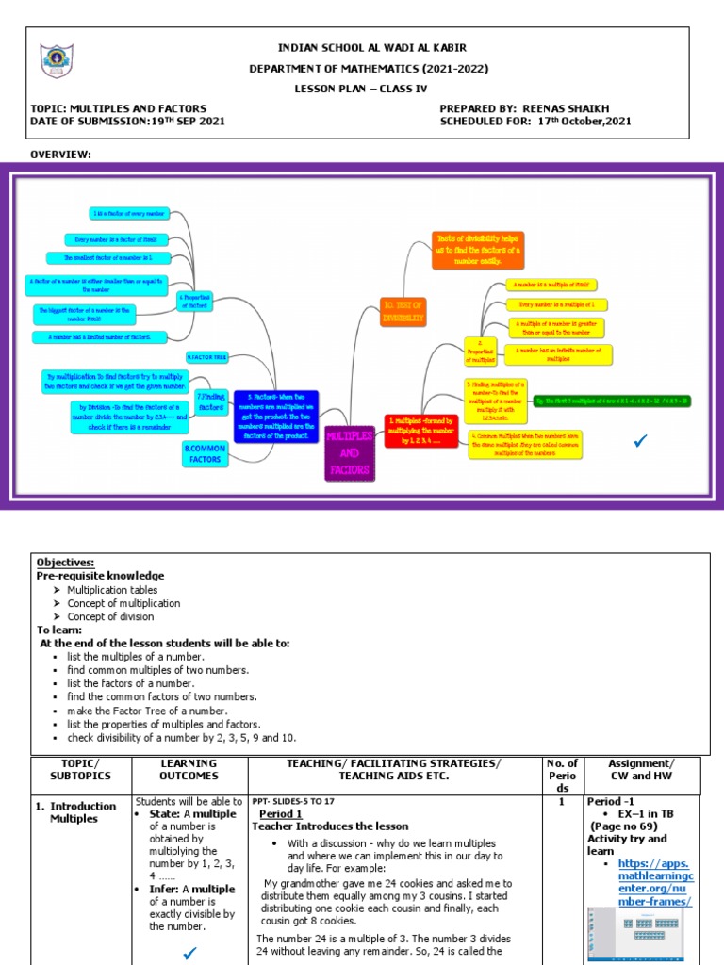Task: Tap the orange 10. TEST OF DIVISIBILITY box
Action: click(403, 311)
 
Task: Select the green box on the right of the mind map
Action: click(612, 401)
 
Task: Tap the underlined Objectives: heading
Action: click(65, 562)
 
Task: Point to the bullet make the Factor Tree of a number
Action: click(159, 711)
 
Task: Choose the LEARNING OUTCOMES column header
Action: click(189, 769)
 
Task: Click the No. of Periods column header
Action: click(561, 775)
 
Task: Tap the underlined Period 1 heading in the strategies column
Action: click(280, 813)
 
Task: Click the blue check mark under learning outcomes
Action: click(189, 954)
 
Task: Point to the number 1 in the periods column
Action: click(561, 802)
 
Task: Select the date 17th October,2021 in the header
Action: click(584, 121)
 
